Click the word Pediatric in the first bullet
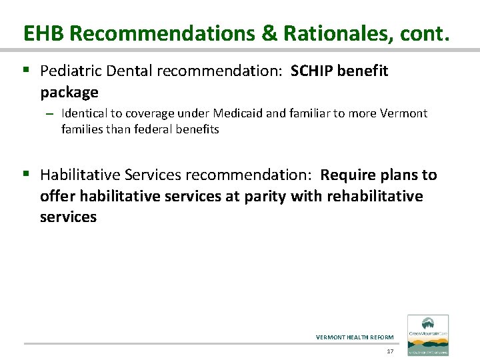click(x=68, y=71)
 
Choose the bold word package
click(x=69, y=91)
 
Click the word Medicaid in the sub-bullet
click(x=224, y=113)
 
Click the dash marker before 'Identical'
click(x=49, y=114)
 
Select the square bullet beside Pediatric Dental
click(x=27, y=70)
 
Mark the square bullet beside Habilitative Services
click(x=27, y=175)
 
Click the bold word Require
click(x=345, y=175)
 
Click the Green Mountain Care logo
click(x=427, y=335)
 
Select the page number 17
click(x=390, y=351)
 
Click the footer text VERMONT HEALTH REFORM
click(x=355, y=337)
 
